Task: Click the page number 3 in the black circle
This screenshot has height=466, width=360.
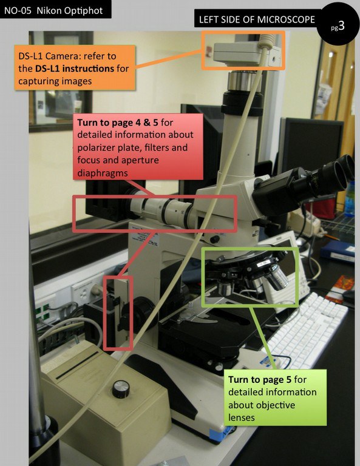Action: click(341, 26)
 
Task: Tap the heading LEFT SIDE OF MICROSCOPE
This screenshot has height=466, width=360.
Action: click(257, 19)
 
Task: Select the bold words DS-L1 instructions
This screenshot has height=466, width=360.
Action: click(75, 69)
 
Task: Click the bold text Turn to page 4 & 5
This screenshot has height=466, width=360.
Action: click(118, 123)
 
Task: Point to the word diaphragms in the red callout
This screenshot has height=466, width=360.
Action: click(103, 173)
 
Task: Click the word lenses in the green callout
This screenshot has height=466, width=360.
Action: click(242, 417)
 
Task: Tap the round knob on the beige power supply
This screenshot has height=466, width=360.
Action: click(121, 389)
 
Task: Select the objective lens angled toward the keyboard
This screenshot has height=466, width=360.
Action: click(277, 279)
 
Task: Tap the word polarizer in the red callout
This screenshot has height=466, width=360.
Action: click(96, 147)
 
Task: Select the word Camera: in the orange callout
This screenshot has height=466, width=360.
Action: click(62, 56)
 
